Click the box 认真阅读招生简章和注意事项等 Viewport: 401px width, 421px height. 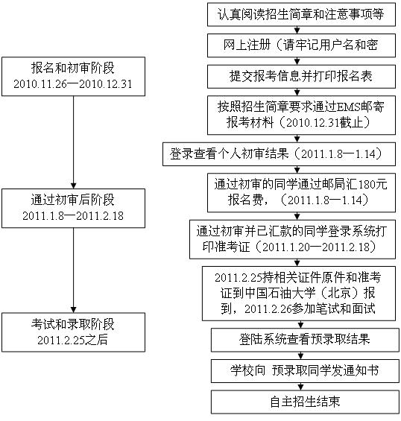tap(301, 14)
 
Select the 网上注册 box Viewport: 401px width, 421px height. tap(301, 45)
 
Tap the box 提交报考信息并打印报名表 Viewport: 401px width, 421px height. tap(301, 77)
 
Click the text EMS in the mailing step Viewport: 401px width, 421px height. tap(349, 107)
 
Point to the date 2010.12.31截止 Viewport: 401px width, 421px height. tap(324, 123)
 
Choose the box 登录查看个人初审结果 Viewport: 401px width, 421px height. tap(279, 154)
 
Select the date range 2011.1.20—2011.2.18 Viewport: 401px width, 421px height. tap(316, 247)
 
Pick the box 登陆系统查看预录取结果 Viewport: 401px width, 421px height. tap(305, 340)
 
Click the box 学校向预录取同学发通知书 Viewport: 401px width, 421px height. tap(305, 371)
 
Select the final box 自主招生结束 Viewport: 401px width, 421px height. tap(305, 402)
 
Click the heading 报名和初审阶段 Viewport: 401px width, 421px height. tap(73, 68)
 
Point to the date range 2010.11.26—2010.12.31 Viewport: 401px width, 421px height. tap(73, 84)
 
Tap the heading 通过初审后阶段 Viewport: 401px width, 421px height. tap(73, 200)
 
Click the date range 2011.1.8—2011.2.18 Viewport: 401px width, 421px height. tap(73, 216)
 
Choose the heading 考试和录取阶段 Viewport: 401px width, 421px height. tap(73, 324)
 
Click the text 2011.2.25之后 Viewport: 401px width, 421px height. tap(72, 341)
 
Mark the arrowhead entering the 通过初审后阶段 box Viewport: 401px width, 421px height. tap(73, 186)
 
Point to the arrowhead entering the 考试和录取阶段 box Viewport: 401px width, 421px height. tap(73, 310)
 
